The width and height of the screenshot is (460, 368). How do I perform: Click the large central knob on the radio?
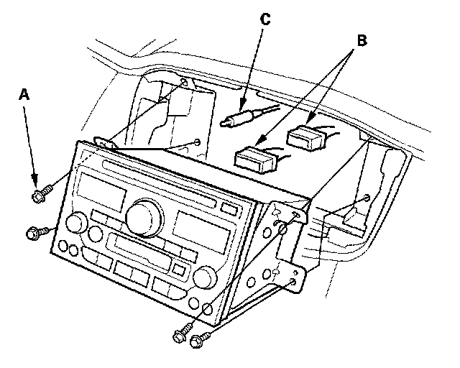click(x=142, y=216)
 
